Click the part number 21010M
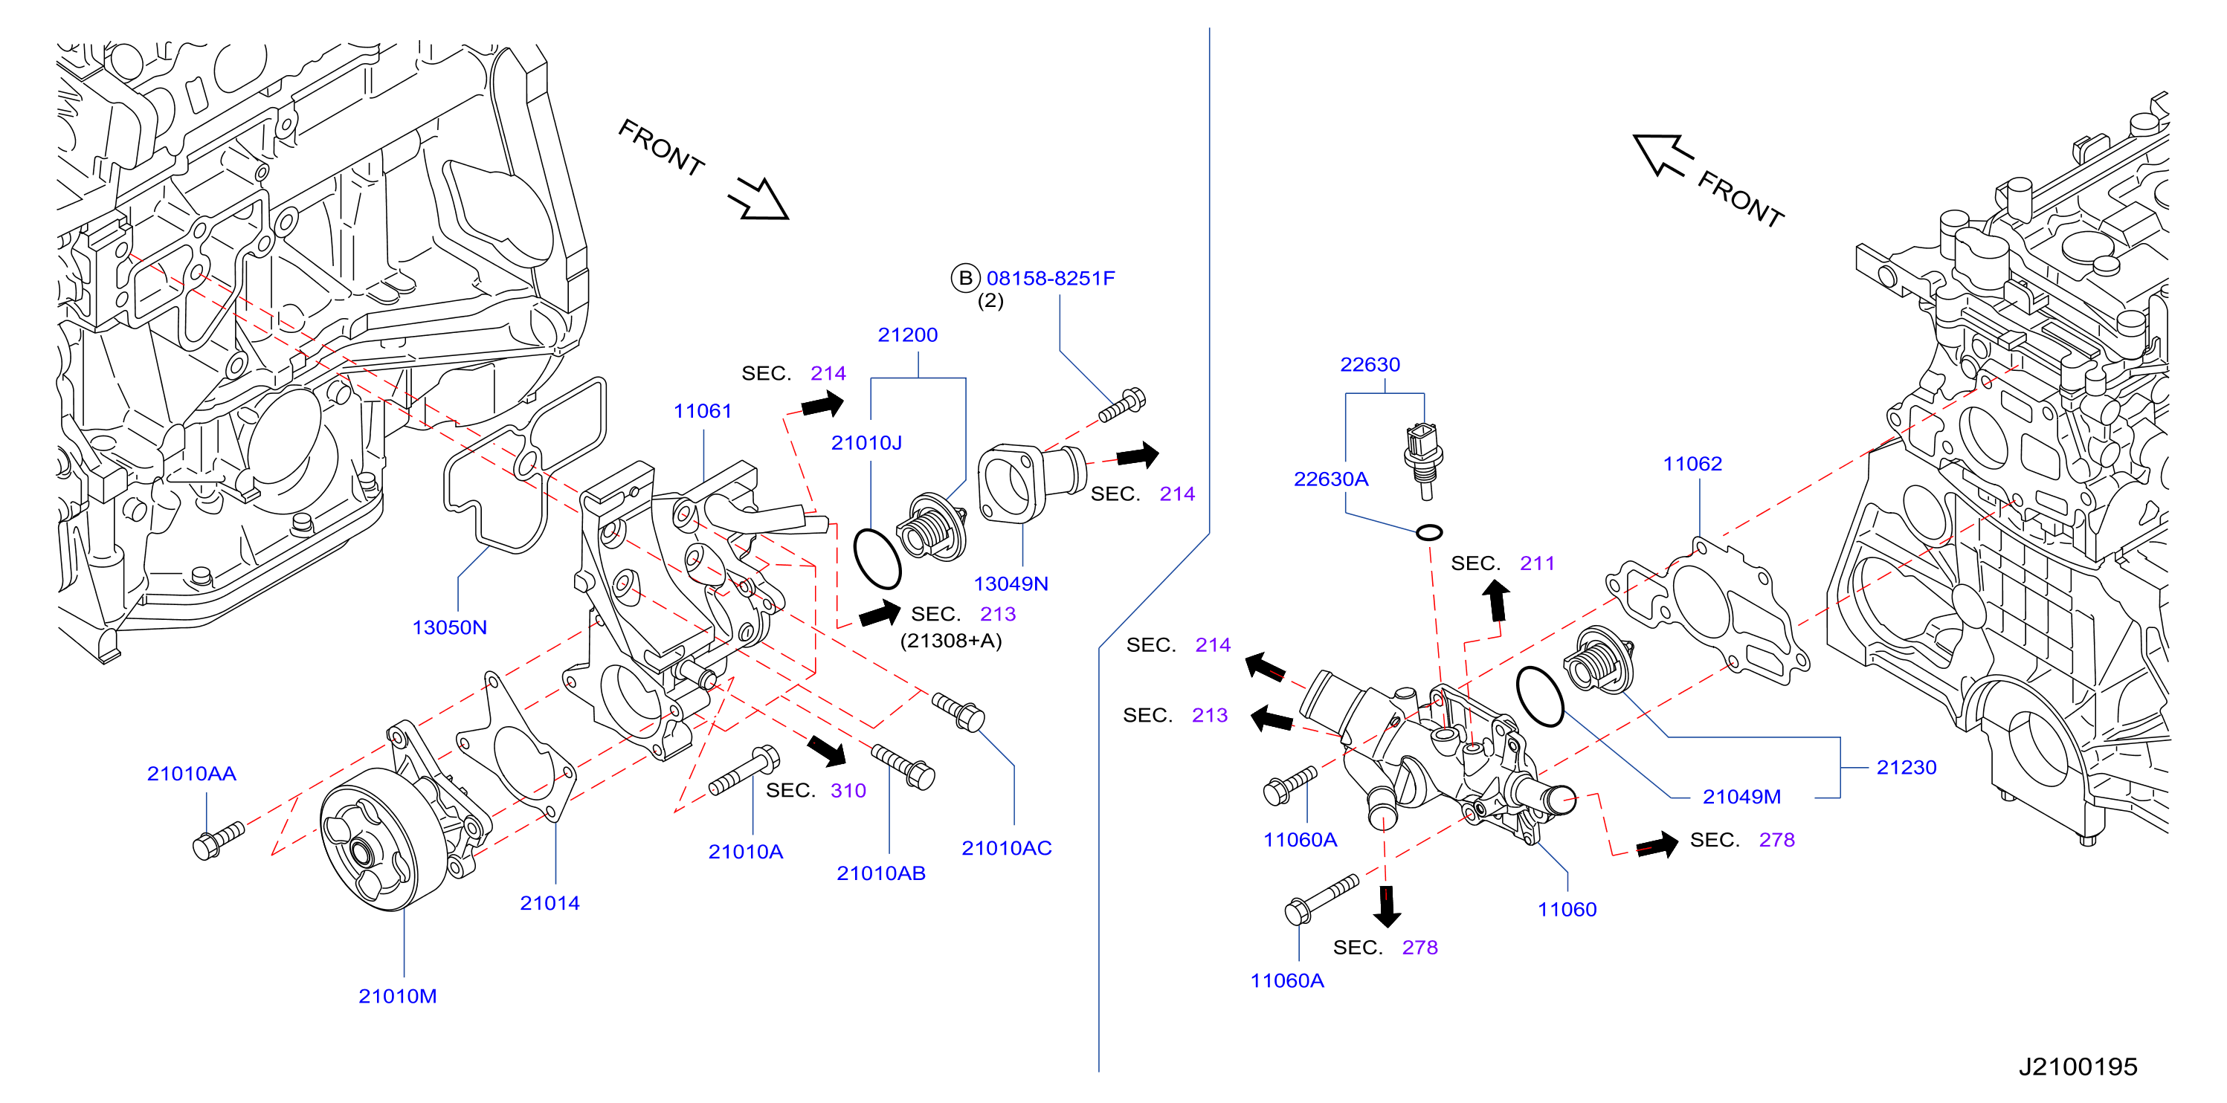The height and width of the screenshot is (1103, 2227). point(398,996)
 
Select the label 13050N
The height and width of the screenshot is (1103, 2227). point(450,627)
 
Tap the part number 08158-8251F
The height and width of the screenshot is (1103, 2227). point(1051,278)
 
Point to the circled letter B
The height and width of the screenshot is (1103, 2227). point(965,278)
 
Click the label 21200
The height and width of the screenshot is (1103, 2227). point(908,334)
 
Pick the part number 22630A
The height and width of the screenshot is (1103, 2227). point(1330,479)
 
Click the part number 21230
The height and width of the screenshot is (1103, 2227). point(1907,768)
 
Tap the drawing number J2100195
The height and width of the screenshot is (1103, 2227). point(2078,1067)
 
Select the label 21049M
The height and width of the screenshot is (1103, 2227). point(1741,797)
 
